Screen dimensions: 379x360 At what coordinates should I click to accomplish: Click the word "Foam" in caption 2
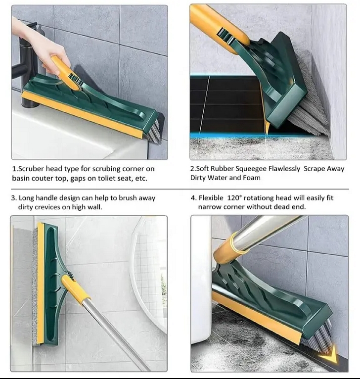click(250, 178)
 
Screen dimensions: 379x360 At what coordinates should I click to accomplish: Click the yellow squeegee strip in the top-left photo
click(89, 113)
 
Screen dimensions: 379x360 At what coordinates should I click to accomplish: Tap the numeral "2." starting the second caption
click(193, 169)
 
